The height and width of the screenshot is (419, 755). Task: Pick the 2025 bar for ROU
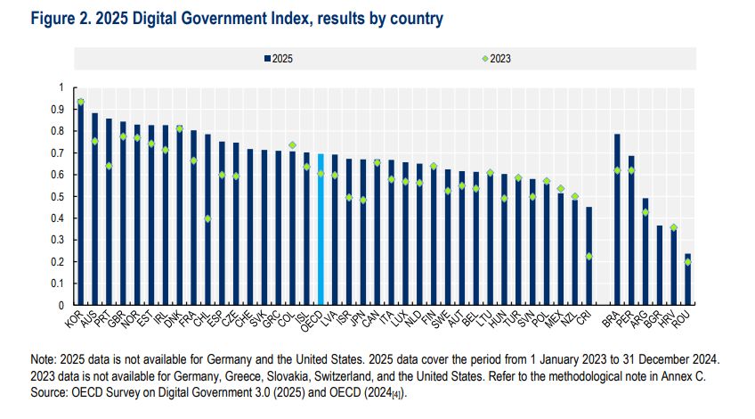tap(687, 280)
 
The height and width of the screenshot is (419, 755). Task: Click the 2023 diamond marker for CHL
tap(207, 218)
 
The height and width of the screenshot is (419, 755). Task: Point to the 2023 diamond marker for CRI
tap(589, 257)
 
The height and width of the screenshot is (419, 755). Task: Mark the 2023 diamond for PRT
tap(109, 166)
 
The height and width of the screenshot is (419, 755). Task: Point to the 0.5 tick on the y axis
tap(61, 196)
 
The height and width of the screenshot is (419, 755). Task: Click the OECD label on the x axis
tap(313, 320)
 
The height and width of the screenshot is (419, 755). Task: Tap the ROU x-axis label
tap(683, 318)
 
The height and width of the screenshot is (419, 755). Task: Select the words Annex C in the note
tap(670, 375)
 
